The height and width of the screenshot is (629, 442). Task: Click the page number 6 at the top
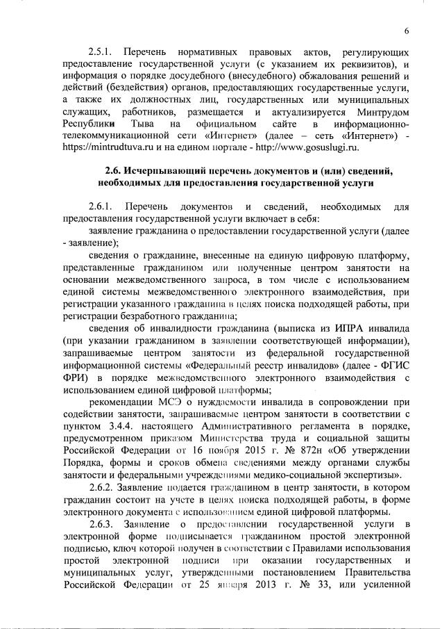pyautogui.click(x=407, y=30)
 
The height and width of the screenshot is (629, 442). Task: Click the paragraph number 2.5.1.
pyautogui.click(x=103, y=53)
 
